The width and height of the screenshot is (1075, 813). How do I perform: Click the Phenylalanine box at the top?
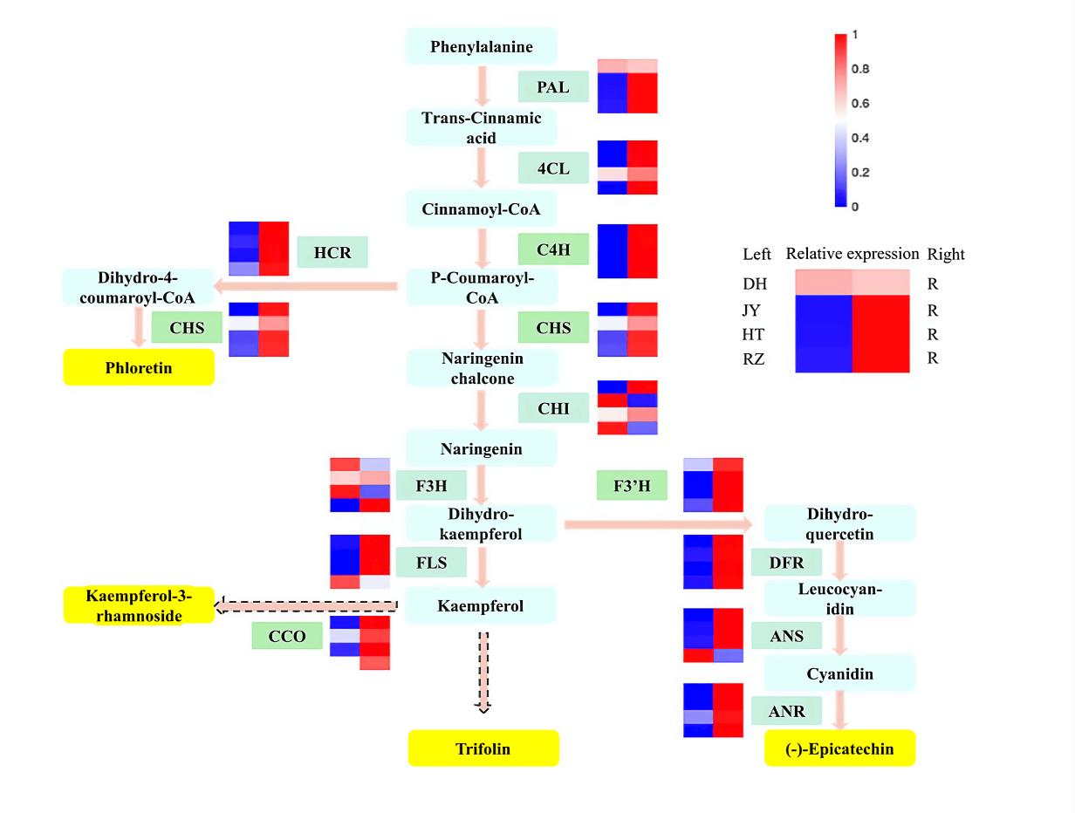[481, 46]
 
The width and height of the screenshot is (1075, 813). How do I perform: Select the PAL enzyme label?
[553, 87]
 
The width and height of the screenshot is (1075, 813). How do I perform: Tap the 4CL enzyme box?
[553, 168]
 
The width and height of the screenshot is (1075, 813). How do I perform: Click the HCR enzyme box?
[332, 252]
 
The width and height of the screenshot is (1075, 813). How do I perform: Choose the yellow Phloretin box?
[139, 367]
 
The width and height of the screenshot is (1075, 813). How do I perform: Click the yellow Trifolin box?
[483, 748]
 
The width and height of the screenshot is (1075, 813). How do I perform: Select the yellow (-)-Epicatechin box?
[839, 748]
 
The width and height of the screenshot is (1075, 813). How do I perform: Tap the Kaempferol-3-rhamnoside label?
[139, 605]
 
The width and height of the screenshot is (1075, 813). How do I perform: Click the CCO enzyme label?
[287, 636]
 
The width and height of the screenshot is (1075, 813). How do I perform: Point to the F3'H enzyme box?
[627, 484]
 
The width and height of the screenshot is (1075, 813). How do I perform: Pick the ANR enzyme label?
[786, 711]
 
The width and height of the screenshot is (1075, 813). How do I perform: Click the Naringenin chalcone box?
[481, 368]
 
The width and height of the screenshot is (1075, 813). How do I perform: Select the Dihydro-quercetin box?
[839, 523]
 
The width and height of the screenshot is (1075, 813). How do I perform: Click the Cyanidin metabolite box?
[839, 673]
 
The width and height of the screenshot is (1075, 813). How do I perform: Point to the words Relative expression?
[852, 255]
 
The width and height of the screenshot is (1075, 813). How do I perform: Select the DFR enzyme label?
[786, 562]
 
